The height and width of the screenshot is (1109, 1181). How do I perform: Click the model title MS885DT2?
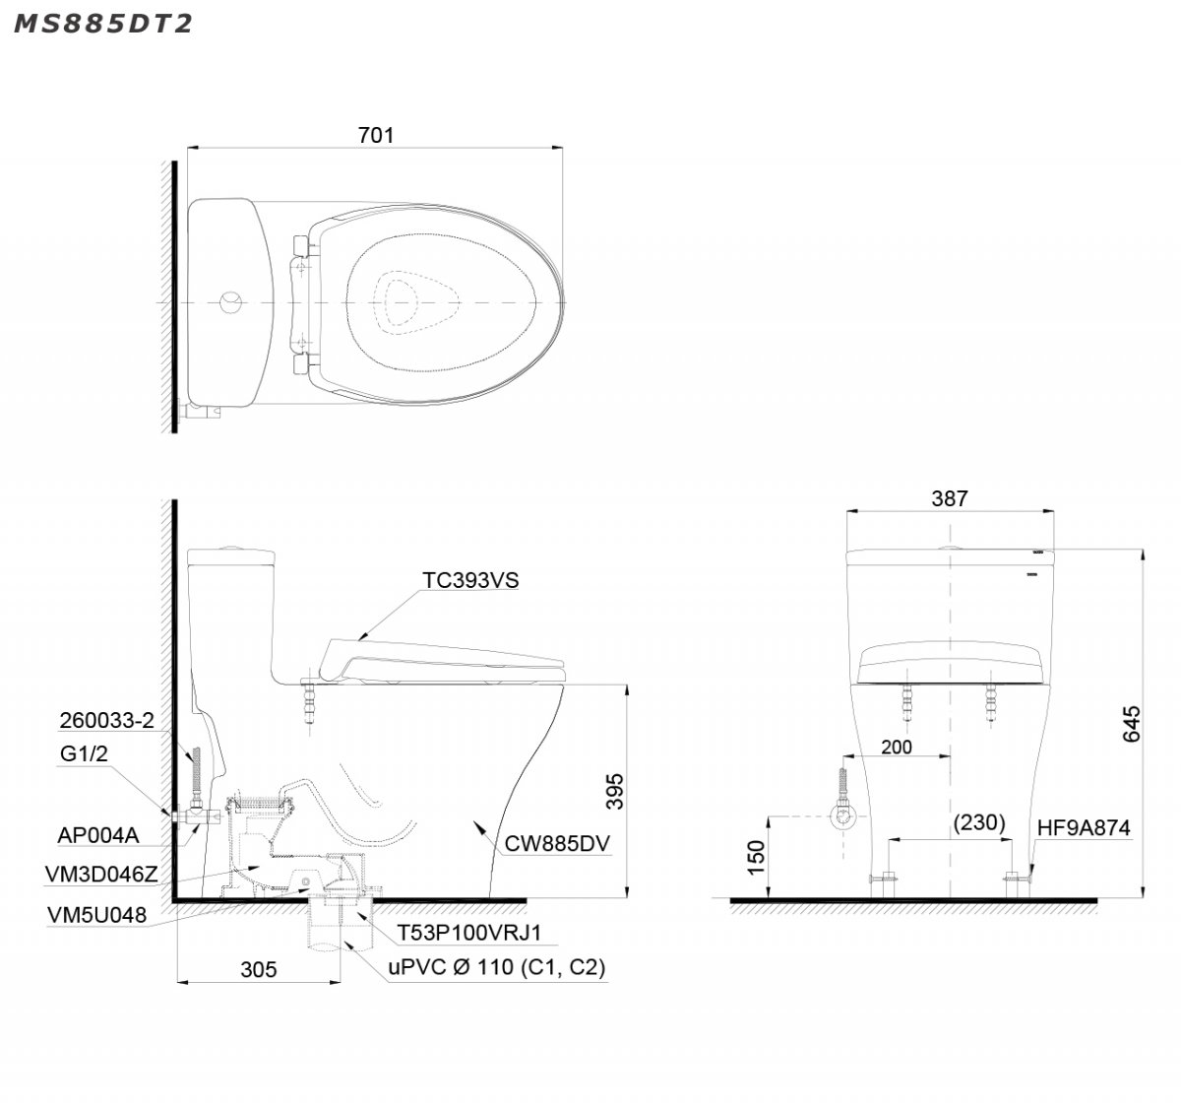[x=103, y=24]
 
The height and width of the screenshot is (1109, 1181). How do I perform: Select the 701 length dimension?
[x=376, y=135]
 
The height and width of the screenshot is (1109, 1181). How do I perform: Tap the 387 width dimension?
[x=950, y=498]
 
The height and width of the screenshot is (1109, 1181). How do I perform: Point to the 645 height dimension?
[x=1132, y=724]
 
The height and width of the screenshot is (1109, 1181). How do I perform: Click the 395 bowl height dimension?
[x=615, y=791]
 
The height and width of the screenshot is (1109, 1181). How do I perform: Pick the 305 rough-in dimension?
[x=259, y=970]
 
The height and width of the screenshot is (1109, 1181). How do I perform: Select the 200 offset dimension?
[x=897, y=748]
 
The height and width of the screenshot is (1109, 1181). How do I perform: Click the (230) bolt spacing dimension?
[x=979, y=822]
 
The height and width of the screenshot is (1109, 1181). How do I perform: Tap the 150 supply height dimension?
[x=756, y=857]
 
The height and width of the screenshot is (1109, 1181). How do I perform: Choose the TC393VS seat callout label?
[x=470, y=580]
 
